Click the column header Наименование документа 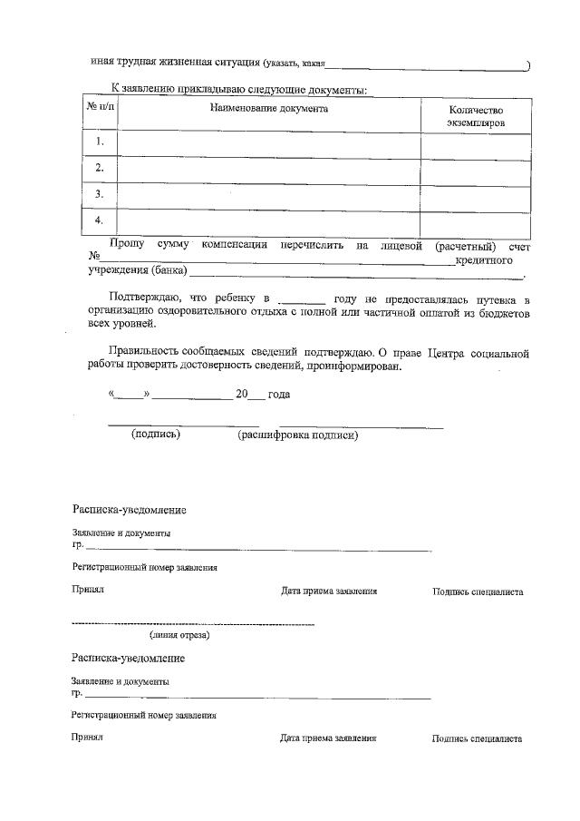pyautogui.click(x=269, y=109)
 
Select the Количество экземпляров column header pyautogui.click(x=476, y=115)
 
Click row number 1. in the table pyautogui.click(x=101, y=142)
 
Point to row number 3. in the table pyautogui.click(x=101, y=194)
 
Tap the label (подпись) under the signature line pyautogui.click(x=156, y=435)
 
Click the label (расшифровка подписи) pyautogui.click(x=297, y=435)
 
